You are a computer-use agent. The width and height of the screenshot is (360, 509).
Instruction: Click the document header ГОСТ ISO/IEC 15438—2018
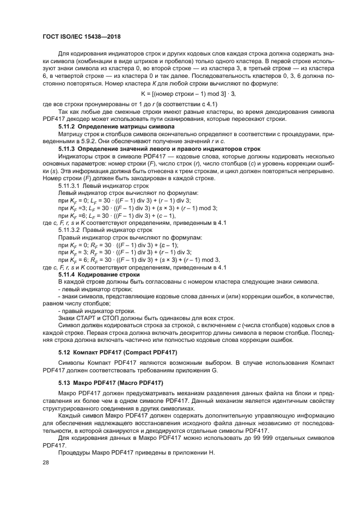coord(81,36)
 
